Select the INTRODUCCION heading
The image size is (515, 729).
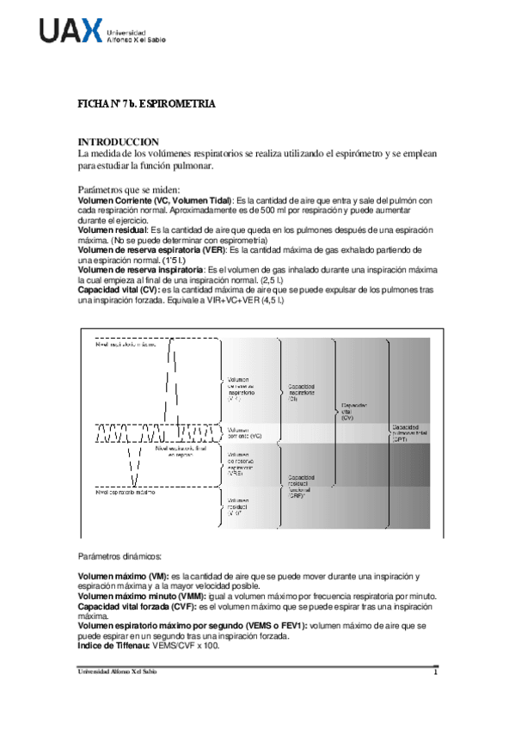tap(119, 141)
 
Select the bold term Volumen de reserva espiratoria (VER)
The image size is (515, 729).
tap(152, 249)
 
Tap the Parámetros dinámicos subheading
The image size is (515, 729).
tap(120, 557)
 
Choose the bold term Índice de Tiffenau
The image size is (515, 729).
tap(113, 644)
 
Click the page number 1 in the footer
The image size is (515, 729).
tap(435, 671)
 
